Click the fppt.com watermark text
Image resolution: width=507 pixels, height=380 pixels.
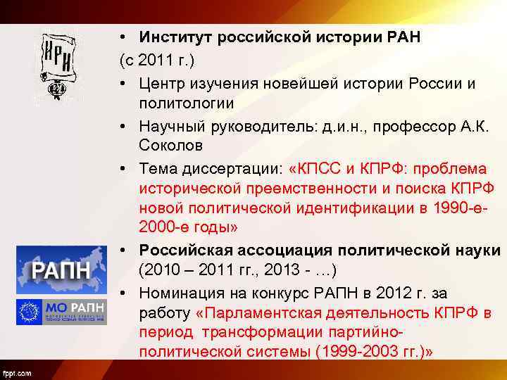16,373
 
